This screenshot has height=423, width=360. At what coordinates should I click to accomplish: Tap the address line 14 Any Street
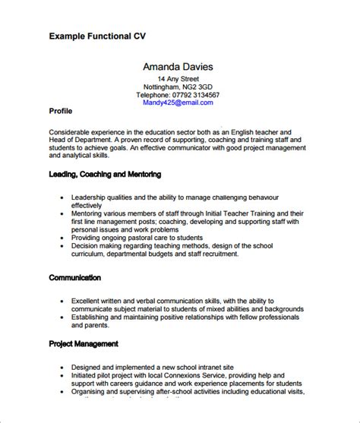point(179,78)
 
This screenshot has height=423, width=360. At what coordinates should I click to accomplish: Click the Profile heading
point(61,111)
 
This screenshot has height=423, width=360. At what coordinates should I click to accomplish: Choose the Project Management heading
point(84,323)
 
